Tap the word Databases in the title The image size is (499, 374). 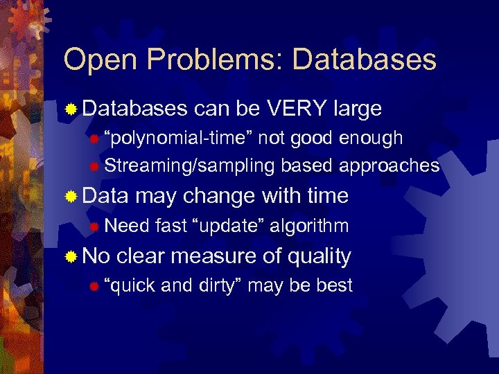(x=365, y=60)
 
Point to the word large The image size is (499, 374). (x=358, y=109)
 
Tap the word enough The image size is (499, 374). (x=371, y=138)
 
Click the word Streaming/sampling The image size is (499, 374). (x=191, y=166)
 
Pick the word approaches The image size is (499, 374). (x=389, y=166)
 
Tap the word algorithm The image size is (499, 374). (x=309, y=226)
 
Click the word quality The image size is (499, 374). (x=319, y=257)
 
